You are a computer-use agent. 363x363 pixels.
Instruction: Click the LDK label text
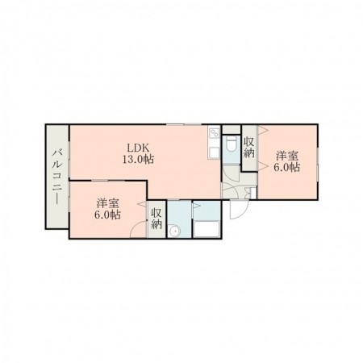[138, 148]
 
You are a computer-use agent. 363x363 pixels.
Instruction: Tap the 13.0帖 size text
[139, 160]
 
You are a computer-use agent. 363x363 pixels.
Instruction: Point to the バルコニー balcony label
[57, 177]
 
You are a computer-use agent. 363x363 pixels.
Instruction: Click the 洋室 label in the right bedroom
[287, 156]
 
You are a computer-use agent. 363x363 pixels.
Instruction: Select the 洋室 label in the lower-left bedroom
[108, 203]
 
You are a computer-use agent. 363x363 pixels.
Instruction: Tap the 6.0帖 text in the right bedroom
[287, 168]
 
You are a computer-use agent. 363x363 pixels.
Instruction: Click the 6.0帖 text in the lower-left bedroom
[107, 215]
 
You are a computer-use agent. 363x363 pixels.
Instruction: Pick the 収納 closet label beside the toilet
[249, 148]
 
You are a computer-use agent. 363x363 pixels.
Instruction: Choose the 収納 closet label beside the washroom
[156, 219]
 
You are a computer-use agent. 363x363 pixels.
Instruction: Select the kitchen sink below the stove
[215, 153]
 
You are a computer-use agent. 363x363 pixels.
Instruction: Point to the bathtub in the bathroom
[207, 229]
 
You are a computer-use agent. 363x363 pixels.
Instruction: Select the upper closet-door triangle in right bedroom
[263, 130]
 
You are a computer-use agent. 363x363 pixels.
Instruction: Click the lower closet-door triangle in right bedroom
[263, 166]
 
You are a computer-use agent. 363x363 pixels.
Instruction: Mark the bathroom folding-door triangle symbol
[196, 206]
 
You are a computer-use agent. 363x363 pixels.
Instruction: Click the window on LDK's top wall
[184, 124]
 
